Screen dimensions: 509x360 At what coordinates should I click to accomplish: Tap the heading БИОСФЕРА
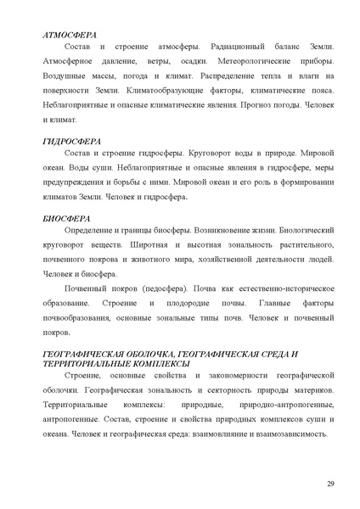pyautogui.click(x=66, y=218)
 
